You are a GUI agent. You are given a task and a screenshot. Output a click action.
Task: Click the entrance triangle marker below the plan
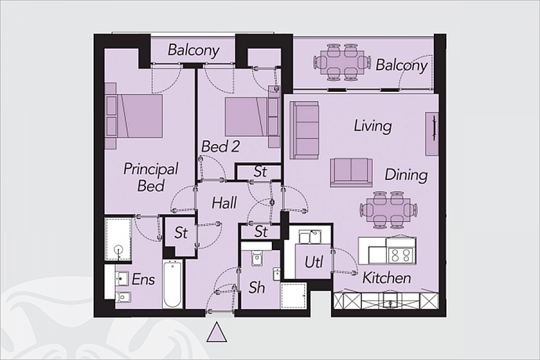217,333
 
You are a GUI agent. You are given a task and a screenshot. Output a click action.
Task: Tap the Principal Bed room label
151,177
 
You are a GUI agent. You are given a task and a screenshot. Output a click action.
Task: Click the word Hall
224,203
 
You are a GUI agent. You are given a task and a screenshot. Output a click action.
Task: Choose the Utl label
314,262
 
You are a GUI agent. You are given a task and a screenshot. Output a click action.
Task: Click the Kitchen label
386,278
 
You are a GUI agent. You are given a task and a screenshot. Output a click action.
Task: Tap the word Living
372,126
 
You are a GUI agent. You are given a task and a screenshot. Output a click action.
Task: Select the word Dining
406,175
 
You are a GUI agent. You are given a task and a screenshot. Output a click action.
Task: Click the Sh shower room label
257,287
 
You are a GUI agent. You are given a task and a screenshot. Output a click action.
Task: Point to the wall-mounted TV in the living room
431,134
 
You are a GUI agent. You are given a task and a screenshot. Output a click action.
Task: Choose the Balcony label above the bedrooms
193,50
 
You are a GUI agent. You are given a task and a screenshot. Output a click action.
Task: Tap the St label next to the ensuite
181,233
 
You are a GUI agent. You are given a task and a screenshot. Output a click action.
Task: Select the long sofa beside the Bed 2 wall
304,130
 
